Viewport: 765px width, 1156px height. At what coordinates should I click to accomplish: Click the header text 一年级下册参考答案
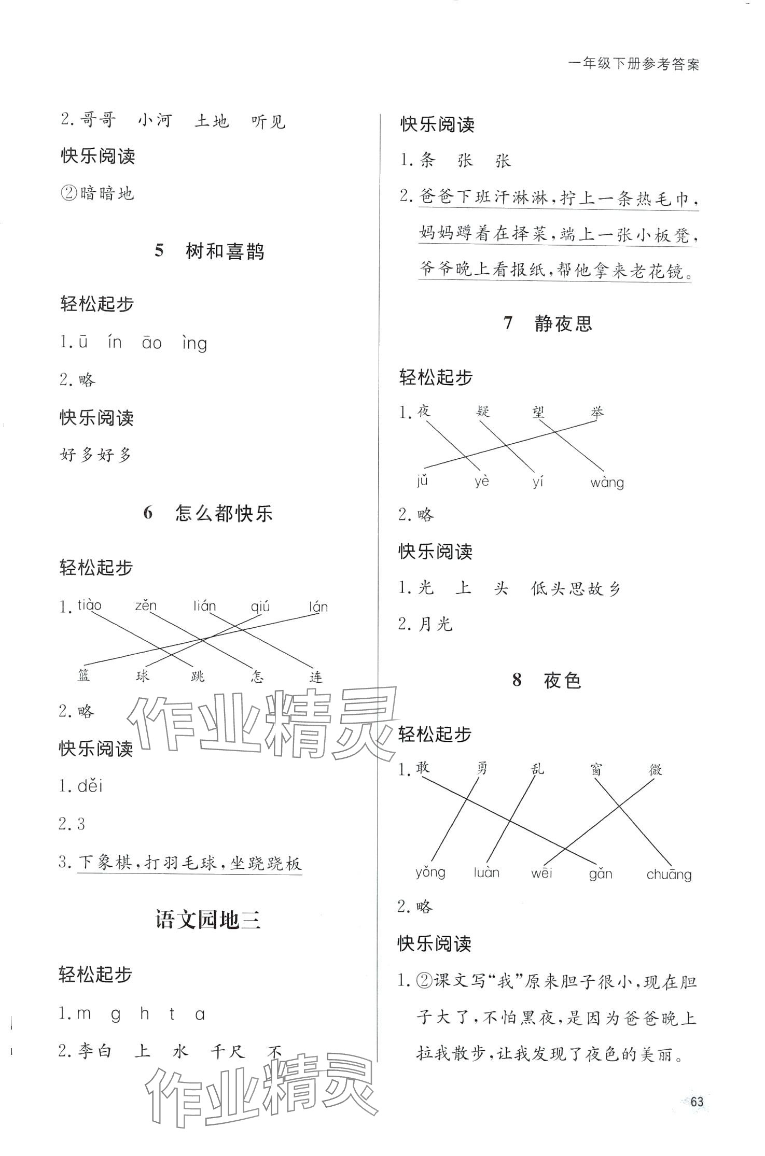(634, 64)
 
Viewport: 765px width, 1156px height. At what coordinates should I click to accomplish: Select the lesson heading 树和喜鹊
(225, 252)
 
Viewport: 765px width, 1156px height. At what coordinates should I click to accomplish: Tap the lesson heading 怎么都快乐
(224, 514)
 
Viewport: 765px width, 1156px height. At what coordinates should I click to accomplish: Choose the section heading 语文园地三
(207, 920)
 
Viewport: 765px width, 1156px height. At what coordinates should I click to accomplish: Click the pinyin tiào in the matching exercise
(90, 605)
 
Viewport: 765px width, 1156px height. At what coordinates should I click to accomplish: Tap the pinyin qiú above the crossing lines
(260, 606)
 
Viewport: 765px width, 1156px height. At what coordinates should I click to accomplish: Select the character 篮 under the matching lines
(84, 675)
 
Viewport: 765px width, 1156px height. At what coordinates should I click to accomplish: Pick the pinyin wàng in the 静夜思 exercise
(607, 483)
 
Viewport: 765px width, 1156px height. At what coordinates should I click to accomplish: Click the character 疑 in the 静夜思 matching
(482, 412)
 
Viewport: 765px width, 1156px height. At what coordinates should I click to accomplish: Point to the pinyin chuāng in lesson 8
(669, 875)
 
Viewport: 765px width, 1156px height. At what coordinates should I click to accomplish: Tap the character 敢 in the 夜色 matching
(423, 768)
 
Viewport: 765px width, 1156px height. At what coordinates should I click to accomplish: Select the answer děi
(90, 786)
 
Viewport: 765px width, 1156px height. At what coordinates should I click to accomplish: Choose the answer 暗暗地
(107, 194)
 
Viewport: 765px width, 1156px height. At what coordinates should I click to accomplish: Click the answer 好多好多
(96, 455)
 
